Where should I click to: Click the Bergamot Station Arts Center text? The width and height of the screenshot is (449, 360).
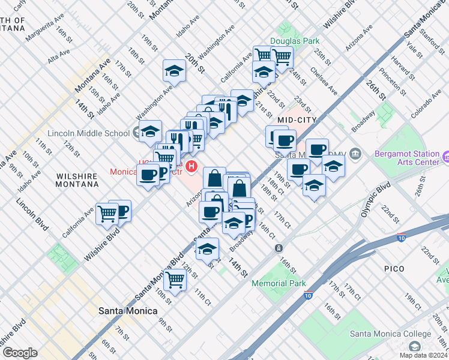click(407, 158)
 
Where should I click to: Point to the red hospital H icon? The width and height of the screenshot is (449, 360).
click(191, 166)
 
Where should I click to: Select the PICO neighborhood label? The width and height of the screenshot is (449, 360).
click(394, 268)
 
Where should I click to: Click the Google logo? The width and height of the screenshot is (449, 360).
click(20, 352)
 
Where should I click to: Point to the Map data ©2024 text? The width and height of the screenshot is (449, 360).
click(423, 355)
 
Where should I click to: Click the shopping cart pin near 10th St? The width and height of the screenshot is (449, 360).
click(175, 278)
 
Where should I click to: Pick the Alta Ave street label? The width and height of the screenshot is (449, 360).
click(59, 58)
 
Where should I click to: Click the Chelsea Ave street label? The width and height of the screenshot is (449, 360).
click(323, 80)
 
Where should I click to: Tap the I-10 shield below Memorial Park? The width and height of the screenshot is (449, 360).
click(308, 295)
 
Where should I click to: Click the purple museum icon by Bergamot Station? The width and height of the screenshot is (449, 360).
click(446, 157)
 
